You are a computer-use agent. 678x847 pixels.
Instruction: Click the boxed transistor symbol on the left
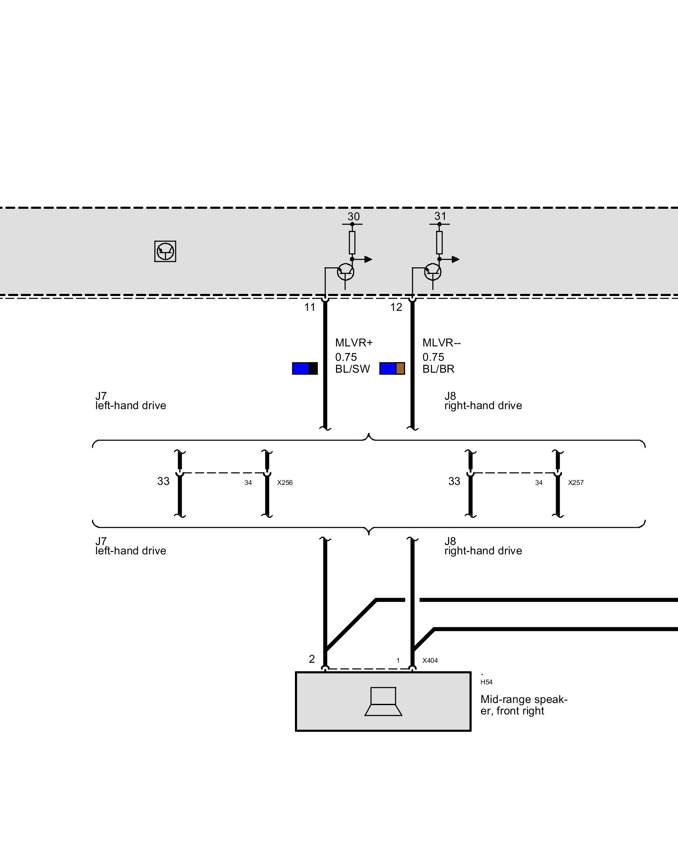click(x=165, y=251)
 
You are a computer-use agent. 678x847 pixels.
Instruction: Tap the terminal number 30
click(x=353, y=216)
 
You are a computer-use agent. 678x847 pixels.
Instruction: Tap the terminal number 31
click(x=440, y=216)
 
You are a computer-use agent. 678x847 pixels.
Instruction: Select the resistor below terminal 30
click(x=352, y=243)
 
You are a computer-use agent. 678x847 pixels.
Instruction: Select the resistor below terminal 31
click(x=439, y=243)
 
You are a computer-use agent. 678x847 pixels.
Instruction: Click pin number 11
click(x=310, y=307)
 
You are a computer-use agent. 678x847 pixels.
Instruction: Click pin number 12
click(x=396, y=307)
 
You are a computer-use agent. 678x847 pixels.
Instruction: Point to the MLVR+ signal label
click(x=354, y=343)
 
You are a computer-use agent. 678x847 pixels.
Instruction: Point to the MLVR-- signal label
click(x=442, y=343)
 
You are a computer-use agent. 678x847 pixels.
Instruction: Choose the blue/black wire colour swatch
click(x=305, y=368)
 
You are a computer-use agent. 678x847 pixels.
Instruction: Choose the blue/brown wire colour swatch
click(x=392, y=368)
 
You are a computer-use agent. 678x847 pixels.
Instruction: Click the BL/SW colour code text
click(x=353, y=369)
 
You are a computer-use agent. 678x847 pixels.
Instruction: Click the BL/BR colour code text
click(x=439, y=369)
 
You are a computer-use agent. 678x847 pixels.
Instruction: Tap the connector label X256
click(x=285, y=483)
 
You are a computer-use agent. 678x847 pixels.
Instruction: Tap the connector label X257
click(x=576, y=483)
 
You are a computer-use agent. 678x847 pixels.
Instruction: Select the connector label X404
click(x=430, y=660)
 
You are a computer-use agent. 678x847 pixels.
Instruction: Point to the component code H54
click(x=486, y=682)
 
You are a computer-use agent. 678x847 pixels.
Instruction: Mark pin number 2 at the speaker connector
click(x=312, y=659)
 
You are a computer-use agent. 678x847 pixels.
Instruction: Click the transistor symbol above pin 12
click(x=432, y=272)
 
